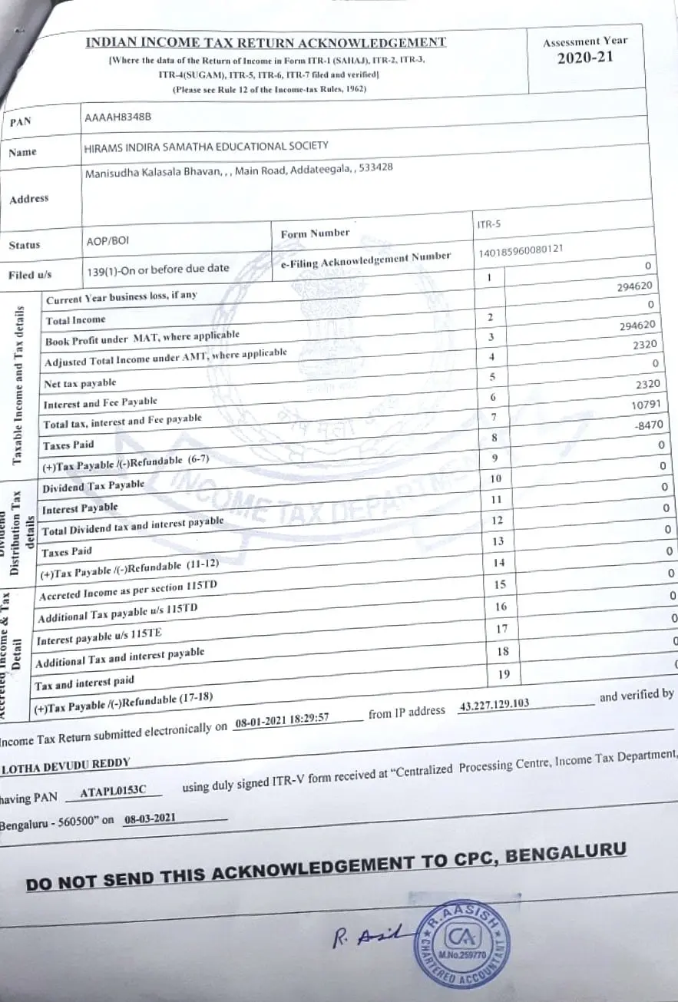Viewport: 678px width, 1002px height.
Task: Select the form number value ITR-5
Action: (x=480, y=225)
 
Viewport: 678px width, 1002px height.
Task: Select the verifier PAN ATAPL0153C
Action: (x=112, y=791)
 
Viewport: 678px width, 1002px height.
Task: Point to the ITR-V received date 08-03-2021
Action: (x=150, y=819)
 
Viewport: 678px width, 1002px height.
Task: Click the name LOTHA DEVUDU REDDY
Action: (x=66, y=764)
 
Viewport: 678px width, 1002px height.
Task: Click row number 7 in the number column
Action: (x=493, y=417)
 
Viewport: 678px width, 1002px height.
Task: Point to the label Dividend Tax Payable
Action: (x=93, y=487)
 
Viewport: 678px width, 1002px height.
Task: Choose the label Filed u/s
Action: (x=30, y=274)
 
